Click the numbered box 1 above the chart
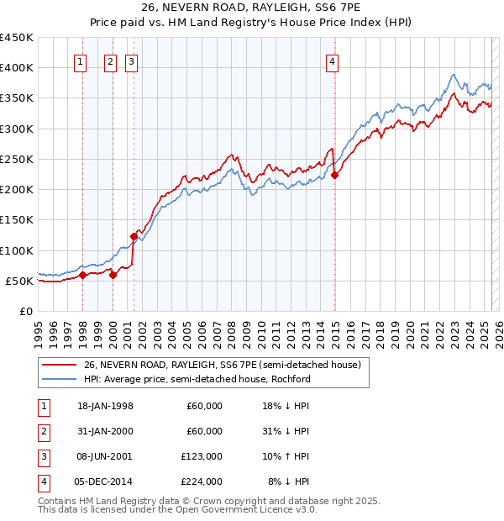coord(80,61)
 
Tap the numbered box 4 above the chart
coord(333,61)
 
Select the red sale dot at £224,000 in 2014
coord(335,176)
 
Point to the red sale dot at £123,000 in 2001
coord(134,236)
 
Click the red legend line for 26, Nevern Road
coord(59,365)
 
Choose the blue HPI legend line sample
coord(59,379)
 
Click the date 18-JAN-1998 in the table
coord(105,406)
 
